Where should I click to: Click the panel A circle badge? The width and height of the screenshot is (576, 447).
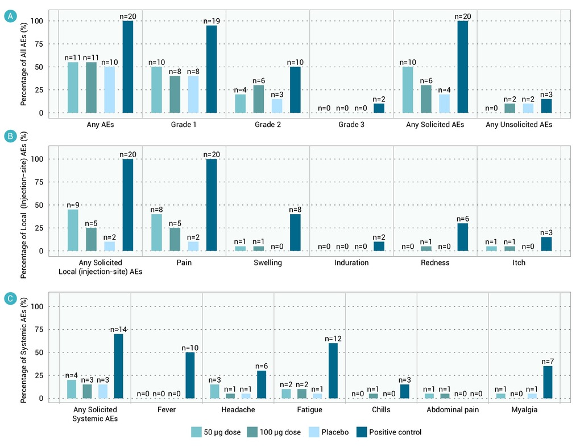click(10, 16)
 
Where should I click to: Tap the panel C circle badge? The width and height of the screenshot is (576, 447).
click(10, 298)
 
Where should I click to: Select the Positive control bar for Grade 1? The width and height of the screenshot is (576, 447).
click(212, 69)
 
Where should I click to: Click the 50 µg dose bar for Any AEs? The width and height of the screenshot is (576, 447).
click(73, 88)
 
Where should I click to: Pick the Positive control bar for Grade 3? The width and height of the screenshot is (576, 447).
click(379, 108)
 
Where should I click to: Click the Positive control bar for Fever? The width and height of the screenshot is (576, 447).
click(190, 375)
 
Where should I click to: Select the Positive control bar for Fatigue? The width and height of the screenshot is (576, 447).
click(333, 371)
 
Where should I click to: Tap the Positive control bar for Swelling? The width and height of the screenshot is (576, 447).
click(295, 232)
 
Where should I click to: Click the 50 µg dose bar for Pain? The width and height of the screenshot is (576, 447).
click(156, 232)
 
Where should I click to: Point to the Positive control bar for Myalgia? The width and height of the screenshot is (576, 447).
click(548, 382)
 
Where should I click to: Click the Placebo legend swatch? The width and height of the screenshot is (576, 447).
click(314, 432)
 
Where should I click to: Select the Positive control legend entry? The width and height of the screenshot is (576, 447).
click(389, 432)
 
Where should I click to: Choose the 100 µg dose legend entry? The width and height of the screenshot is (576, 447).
click(274, 432)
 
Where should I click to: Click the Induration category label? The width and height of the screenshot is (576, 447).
click(351, 263)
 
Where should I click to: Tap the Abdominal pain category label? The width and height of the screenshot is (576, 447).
click(453, 410)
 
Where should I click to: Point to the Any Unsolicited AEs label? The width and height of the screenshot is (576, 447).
click(519, 125)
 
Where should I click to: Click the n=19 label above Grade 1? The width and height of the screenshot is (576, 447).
click(212, 21)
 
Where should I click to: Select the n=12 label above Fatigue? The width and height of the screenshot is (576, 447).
click(333, 339)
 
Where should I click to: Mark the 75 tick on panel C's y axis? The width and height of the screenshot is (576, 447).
click(39, 330)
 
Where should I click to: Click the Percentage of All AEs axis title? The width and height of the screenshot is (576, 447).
click(24, 64)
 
